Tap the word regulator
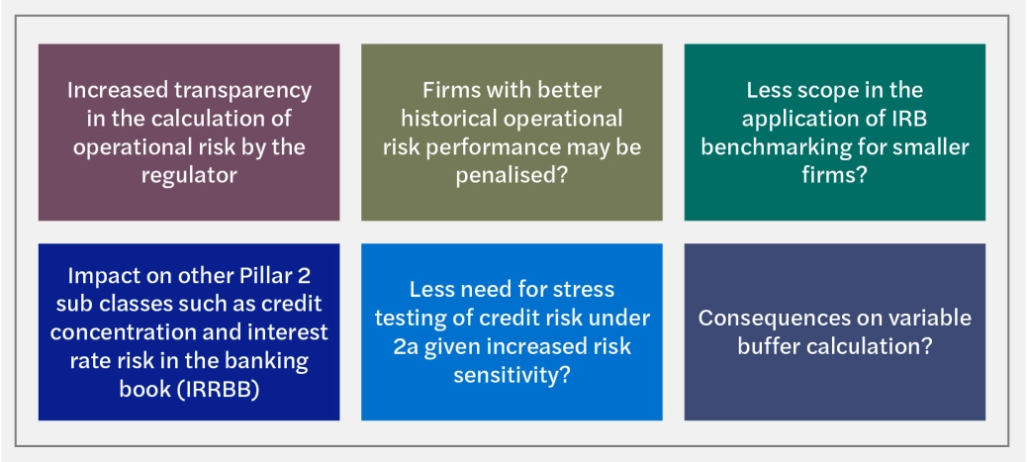189,175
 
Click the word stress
580,290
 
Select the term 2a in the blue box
406,346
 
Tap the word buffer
769,346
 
